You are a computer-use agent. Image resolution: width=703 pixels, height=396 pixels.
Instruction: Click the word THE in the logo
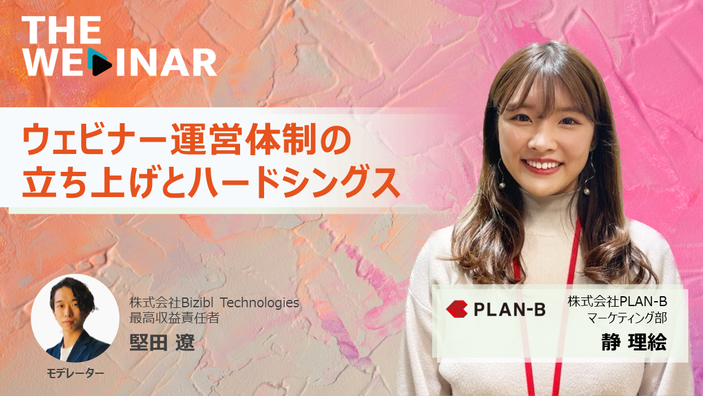tap(62, 30)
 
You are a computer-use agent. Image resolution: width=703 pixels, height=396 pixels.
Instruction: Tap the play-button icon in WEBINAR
tap(100, 62)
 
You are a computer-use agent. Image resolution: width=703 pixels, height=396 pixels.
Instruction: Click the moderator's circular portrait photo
tap(75, 318)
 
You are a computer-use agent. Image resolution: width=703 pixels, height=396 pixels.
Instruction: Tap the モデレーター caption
tap(75, 373)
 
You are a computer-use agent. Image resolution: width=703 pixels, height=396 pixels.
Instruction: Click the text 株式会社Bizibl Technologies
tap(214, 303)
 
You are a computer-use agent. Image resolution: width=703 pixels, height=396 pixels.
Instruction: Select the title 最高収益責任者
tap(174, 318)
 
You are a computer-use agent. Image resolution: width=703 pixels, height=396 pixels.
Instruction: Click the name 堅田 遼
tap(163, 342)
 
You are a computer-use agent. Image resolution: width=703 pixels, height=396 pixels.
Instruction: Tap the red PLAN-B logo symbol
tap(457, 309)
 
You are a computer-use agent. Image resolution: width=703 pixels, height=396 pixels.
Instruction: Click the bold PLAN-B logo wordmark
tap(510, 309)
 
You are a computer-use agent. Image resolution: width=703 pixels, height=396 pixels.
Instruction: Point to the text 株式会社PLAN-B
tap(617, 301)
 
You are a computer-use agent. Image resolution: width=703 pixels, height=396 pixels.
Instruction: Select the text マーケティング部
tap(627, 318)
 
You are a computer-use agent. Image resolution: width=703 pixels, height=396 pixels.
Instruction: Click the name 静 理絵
tap(634, 342)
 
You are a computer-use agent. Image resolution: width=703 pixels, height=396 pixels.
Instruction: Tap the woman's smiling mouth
tap(542, 166)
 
